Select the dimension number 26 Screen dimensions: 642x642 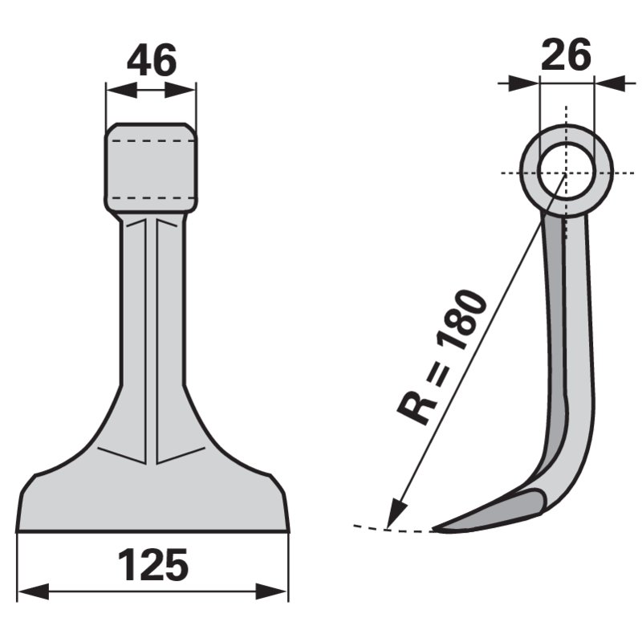pyautogui.click(x=567, y=54)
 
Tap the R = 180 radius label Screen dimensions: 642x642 pyautogui.click(x=443, y=356)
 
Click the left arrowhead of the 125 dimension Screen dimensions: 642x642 pyautogui.click(x=34, y=591)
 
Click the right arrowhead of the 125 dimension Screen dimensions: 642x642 pyautogui.click(x=271, y=591)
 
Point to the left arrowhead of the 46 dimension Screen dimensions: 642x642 pyautogui.click(x=122, y=90)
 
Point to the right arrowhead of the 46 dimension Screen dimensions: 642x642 pyautogui.click(x=180, y=90)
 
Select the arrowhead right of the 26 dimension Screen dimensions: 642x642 pyautogui.click(x=609, y=83)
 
